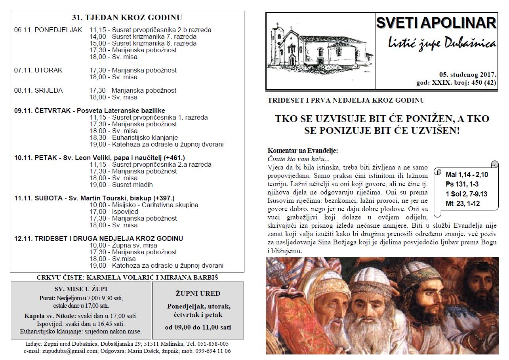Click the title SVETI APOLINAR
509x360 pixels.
436,23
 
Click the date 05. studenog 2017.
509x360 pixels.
467,74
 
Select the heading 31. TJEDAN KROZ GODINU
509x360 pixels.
127,17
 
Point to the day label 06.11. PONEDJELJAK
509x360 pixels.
48,30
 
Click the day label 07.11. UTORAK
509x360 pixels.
38,70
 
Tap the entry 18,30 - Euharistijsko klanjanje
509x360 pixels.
133,137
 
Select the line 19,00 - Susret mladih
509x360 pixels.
121,185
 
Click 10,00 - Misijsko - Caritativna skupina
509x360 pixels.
144,205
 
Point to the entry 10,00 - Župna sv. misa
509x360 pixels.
123,245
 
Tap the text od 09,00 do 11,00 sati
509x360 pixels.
198,327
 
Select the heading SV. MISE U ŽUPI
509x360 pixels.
81,289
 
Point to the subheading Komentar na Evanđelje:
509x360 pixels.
303,150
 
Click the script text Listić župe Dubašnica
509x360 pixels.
436,43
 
